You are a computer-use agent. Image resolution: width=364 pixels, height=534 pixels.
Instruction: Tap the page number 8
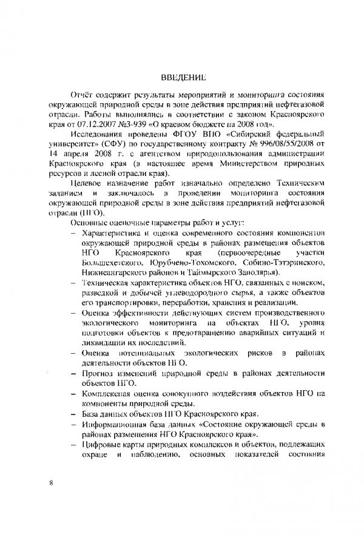52,482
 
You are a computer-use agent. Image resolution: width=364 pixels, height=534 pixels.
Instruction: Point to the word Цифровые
100,446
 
